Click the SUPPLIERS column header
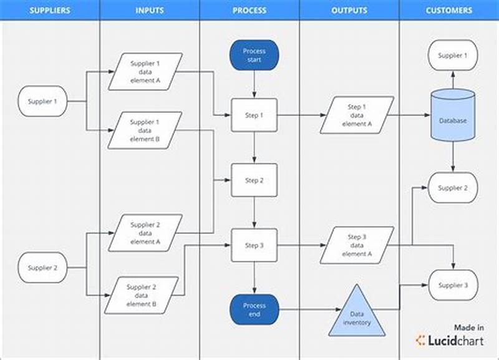coord(50,11)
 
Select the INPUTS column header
coord(150,11)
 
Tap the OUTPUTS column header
coord(349,11)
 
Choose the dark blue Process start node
coord(254,54)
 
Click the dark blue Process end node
coord(254,310)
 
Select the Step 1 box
coord(254,115)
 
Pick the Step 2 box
coord(254,180)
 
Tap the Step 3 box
coord(254,245)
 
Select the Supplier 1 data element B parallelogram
coord(145,130)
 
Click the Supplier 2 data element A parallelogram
coord(145,233)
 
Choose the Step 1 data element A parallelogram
coord(357,115)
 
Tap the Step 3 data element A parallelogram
coord(357,245)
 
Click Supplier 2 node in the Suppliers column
coord(42,268)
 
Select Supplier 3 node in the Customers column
coord(453,285)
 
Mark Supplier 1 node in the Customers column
coord(453,56)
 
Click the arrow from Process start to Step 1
coord(254,84)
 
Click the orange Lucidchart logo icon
coord(421,341)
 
